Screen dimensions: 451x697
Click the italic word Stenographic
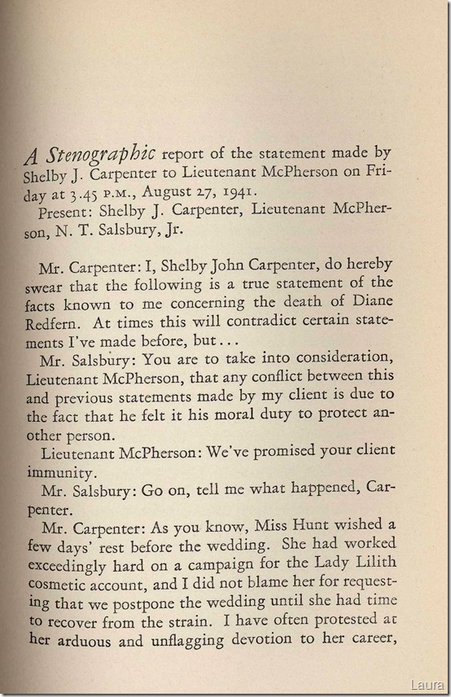coord(105,154)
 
